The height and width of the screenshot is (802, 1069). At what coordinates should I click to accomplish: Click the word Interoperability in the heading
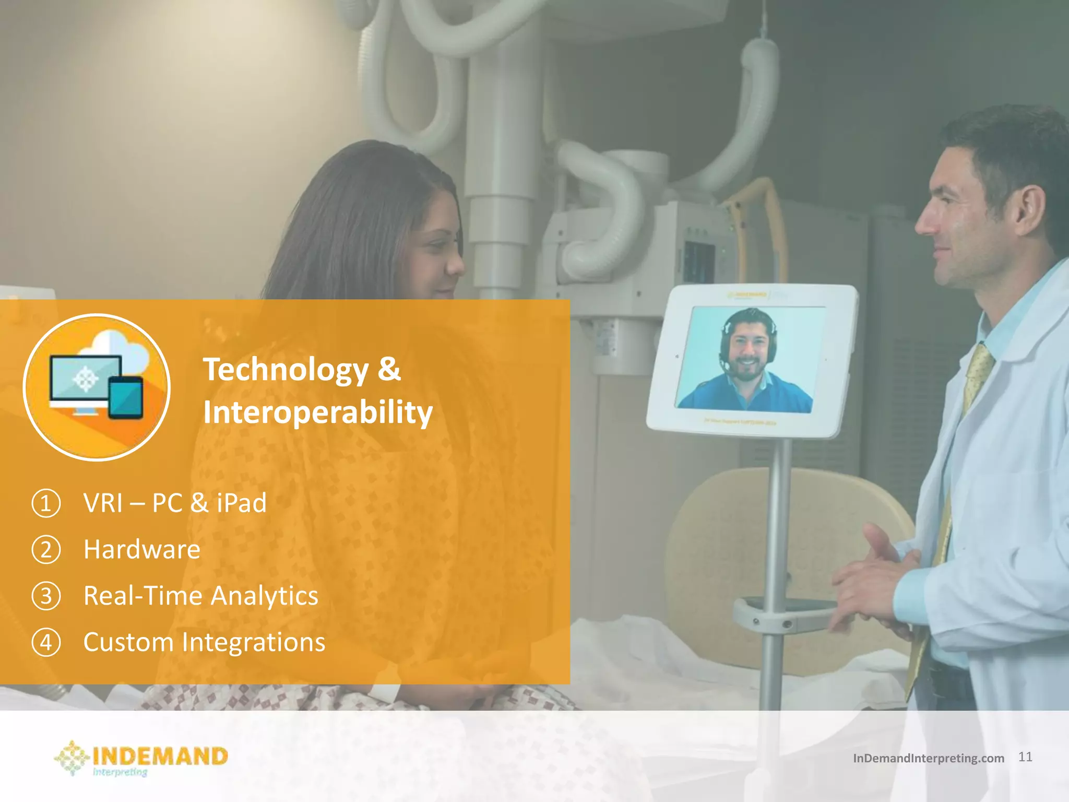point(318,412)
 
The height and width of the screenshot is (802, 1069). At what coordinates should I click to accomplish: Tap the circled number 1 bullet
point(46,503)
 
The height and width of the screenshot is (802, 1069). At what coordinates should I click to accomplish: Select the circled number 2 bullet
point(46,550)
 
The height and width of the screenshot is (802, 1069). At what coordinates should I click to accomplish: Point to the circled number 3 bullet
point(46,596)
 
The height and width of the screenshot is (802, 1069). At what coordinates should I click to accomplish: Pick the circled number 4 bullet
point(46,642)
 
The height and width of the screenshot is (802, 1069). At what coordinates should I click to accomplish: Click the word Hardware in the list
point(141,550)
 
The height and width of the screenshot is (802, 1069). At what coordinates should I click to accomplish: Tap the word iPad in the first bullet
point(242,503)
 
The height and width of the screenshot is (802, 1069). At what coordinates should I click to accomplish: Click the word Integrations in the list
point(253,642)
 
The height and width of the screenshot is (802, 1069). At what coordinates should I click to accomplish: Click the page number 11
point(1025,757)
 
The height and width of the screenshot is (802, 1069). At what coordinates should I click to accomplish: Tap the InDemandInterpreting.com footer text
point(929,758)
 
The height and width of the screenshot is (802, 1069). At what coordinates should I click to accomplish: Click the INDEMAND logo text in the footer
point(160,756)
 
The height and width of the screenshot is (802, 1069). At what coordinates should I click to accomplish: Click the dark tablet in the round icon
point(126,397)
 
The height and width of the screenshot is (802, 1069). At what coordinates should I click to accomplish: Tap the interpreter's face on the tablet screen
point(747,349)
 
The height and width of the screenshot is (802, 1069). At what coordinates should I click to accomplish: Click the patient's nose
point(456,264)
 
